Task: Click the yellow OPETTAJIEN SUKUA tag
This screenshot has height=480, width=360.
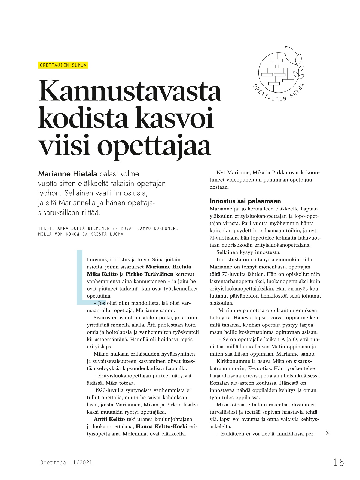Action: [63, 65]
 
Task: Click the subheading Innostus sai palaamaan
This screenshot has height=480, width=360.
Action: [245, 201]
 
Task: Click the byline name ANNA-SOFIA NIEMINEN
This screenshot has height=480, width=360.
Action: [83, 228]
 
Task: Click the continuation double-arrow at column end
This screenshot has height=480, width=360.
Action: [328, 433]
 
